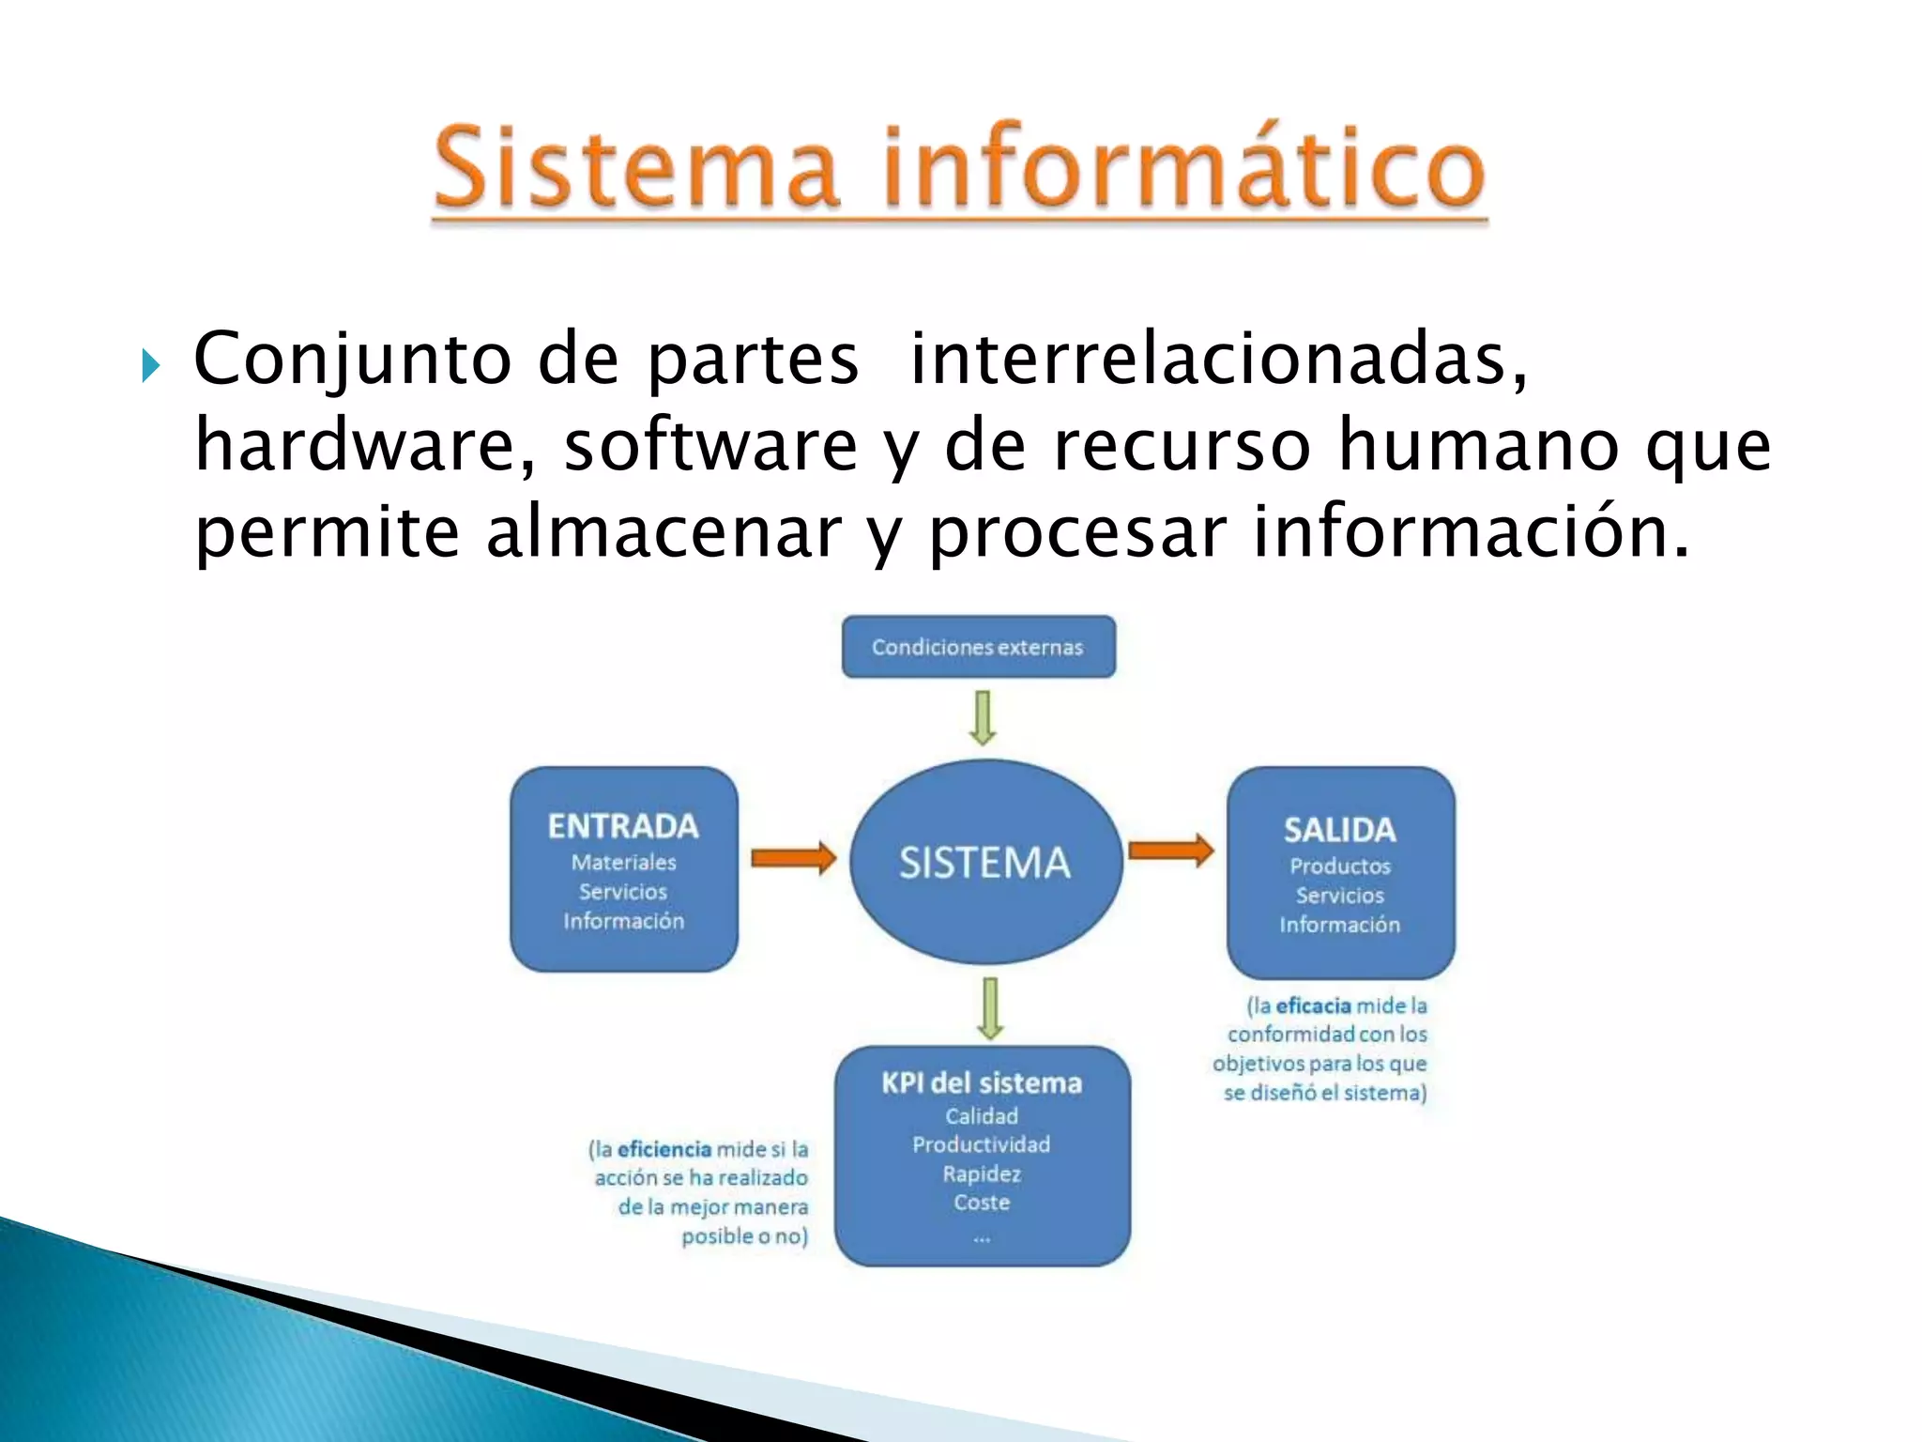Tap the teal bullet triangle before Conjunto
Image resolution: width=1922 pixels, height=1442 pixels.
[150, 365]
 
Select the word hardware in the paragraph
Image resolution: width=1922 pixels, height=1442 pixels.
[356, 445]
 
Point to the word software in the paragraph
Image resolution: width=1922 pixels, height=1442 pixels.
[710, 445]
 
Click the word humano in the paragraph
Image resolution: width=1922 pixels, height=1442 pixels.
[1477, 445]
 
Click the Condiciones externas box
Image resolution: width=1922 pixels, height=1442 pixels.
[978, 647]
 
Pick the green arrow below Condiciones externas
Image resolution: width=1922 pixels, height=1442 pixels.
[983, 718]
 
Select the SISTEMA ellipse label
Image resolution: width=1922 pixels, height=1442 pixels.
[984, 863]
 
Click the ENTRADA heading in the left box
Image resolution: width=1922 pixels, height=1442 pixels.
[623, 826]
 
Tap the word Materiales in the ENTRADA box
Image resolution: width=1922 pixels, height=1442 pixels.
[623, 862]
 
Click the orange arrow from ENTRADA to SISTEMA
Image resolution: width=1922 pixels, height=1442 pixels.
[793, 857]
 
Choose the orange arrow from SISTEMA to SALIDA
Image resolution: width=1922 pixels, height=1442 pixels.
[1170, 851]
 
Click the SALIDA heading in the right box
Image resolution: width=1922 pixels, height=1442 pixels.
[1339, 830]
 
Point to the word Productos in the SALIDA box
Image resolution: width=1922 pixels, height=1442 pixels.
[1339, 866]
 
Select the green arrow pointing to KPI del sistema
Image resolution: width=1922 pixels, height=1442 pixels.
[990, 1008]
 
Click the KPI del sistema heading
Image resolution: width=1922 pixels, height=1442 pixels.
[982, 1083]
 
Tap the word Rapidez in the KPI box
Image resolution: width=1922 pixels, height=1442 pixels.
[982, 1174]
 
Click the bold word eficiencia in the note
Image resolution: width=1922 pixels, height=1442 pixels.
[664, 1149]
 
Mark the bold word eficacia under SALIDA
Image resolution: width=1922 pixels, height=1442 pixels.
[1313, 1005]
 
